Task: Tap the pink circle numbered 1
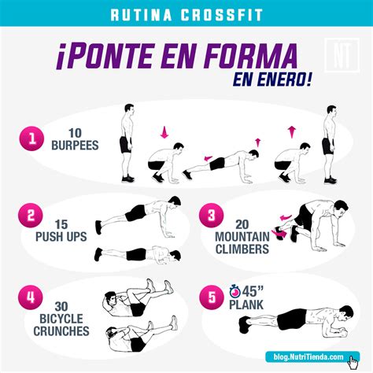32,140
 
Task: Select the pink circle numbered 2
31,215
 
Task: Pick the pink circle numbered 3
209,215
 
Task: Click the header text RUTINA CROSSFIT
186,14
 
